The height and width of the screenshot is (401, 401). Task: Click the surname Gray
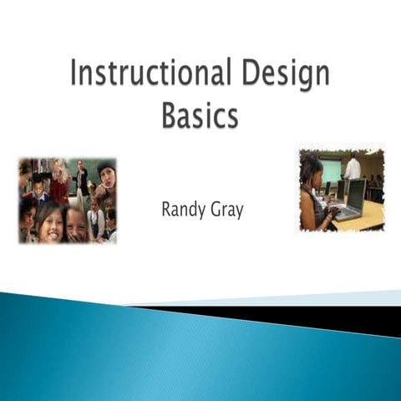226,211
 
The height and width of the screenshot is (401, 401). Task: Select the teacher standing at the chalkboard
81,177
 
